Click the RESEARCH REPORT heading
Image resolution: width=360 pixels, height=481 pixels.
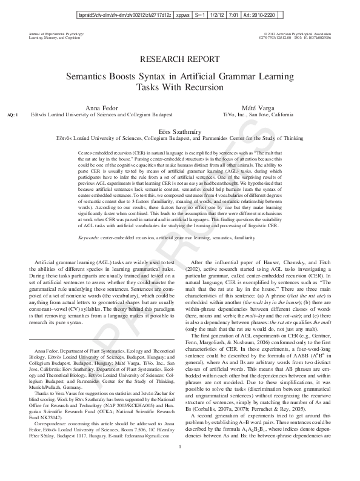click(179, 59)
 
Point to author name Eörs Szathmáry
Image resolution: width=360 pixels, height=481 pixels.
click(179, 130)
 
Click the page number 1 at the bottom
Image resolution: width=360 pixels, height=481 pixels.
click(180, 465)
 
